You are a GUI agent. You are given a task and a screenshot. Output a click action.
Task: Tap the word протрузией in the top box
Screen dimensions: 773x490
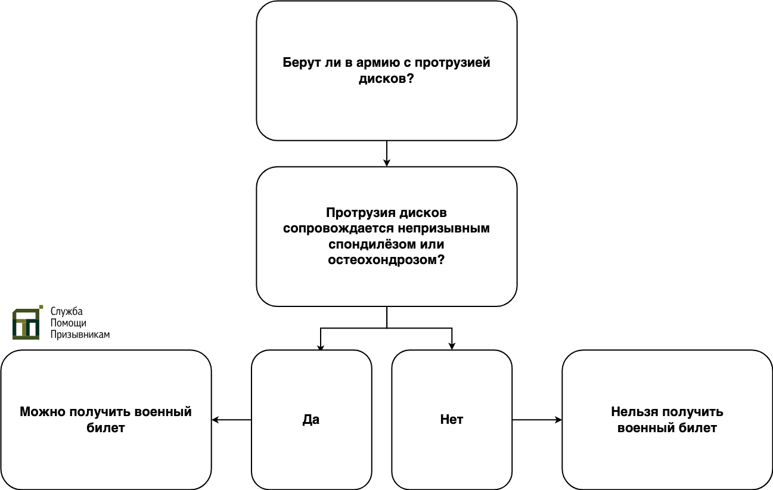pyautogui.click(x=452, y=63)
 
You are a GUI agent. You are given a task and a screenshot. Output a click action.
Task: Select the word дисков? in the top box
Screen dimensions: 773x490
pyautogui.click(x=386, y=79)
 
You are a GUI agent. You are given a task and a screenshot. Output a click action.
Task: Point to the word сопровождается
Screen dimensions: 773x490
pyautogui.click(x=339, y=228)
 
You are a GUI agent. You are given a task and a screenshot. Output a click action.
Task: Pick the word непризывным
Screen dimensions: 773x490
pyautogui.click(x=444, y=228)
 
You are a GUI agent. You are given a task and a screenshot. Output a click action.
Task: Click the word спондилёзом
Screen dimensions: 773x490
pyautogui.click(x=372, y=244)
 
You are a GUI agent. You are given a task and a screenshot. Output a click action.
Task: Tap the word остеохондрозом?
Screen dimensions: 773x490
pyautogui.click(x=386, y=260)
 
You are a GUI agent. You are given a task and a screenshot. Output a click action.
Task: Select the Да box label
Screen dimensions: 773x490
pyautogui.click(x=311, y=420)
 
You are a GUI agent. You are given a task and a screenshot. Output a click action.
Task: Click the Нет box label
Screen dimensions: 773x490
pyautogui.click(x=452, y=420)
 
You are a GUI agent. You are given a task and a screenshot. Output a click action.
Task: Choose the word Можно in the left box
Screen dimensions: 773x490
pyautogui.click(x=42, y=412)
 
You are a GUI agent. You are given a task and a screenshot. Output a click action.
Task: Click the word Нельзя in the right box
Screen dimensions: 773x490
pyautogui.click(x=633, y=412)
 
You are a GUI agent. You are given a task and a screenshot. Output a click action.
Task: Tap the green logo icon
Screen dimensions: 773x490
pyautogui.click(x=27, y=322)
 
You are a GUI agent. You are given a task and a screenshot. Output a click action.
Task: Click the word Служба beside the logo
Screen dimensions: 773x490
pyautogui.click(x=67, y=311)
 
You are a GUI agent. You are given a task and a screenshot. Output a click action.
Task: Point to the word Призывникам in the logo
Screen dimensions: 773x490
pyautogui.click(x=80, y=334)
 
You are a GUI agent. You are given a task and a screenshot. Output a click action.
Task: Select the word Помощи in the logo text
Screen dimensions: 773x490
pyautogui.click(x=69, y=323)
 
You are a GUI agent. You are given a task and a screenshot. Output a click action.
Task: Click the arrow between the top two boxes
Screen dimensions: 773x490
pyautogui.click(x=386, y=154)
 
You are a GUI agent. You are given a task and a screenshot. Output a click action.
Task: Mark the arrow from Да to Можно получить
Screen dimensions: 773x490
pyautogui.click(x=232, y=420)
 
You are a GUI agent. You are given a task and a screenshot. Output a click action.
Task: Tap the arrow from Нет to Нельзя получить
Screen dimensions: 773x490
pyautogui.click(x=537, y=420)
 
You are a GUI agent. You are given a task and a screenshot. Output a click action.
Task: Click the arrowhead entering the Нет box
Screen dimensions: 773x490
pyautogui.click(x=452, y=346)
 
